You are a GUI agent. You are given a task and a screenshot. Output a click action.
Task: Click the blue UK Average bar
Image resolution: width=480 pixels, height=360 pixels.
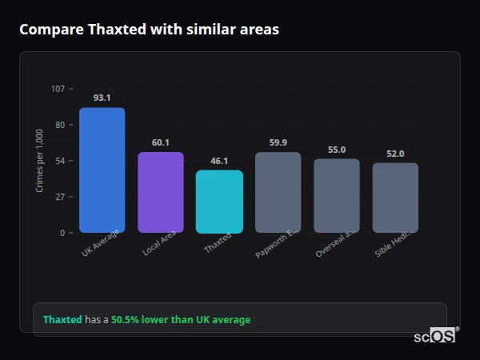coord(102,170)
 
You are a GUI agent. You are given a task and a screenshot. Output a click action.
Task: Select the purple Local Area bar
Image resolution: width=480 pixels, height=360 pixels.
coord(161,192)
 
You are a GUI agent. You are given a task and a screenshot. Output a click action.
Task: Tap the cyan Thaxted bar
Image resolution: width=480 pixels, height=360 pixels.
coord(219,202)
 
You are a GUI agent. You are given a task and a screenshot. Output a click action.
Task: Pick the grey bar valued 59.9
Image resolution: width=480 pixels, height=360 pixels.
coord(278,192)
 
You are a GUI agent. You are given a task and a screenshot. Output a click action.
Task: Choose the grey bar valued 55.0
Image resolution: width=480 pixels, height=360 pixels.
coord(337,196)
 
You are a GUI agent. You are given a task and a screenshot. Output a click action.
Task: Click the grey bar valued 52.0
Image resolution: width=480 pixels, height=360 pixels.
coord(395,198)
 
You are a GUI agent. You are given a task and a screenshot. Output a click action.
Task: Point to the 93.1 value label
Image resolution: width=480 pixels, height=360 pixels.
coord(102,98)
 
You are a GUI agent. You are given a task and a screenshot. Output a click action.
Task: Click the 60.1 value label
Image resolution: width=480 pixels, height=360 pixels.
coord(161,142)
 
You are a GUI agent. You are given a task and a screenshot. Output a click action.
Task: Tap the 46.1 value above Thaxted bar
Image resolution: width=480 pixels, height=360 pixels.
coord(219,161)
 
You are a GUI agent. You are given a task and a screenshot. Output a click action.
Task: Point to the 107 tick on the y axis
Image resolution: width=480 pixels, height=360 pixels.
coord(58,89)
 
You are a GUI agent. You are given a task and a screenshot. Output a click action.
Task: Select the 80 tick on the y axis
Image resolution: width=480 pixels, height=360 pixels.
coord(60,125)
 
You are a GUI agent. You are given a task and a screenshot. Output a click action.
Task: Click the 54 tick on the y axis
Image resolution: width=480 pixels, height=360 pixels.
coord(60,161)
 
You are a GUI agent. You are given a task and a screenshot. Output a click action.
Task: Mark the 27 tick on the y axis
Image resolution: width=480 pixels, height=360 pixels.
coord(60,197)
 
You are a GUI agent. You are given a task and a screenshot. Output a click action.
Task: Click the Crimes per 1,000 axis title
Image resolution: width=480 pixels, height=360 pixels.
coord(40,161)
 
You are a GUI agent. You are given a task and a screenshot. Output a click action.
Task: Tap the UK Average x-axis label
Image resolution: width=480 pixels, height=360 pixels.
coord(101,242)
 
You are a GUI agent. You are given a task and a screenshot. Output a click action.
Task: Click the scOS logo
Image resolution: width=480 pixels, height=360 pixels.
coord(435,336)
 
